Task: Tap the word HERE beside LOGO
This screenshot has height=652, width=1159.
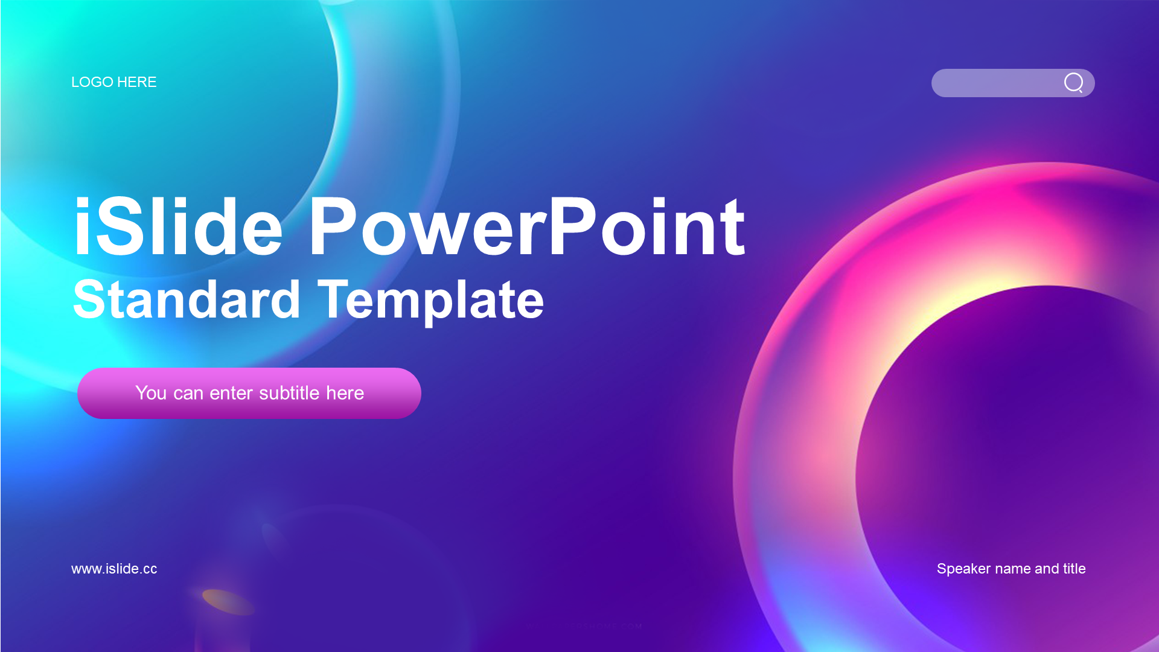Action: tap(137, 82)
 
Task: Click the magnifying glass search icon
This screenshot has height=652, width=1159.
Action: tap(1074, 83)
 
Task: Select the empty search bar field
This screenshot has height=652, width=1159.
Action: tap(996, 83)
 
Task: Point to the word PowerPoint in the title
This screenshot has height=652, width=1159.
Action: tap(527, 227)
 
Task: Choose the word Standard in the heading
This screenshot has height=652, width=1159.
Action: tap(187, 299)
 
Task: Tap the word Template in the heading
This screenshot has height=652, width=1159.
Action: tap(430, 301)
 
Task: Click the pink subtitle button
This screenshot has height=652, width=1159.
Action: tap(249, 393)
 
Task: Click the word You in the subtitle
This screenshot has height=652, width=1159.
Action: tap(151, 393)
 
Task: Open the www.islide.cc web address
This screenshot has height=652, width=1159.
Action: tap(114, 569)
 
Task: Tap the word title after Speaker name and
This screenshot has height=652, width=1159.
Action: tap(1074, 568)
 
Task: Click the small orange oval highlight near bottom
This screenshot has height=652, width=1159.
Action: tap(228, 602)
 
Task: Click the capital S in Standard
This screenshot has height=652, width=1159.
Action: tap(88, 299)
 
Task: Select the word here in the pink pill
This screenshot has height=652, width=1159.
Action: tap(345, 393)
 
